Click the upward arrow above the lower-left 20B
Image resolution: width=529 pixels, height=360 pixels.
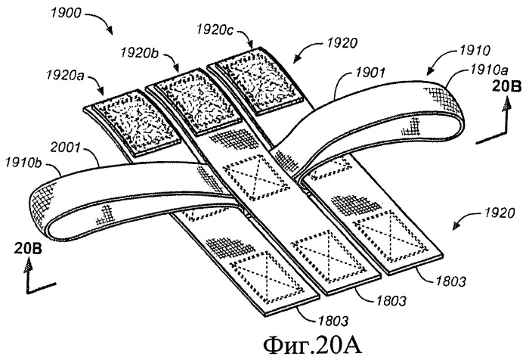(29, 266)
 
